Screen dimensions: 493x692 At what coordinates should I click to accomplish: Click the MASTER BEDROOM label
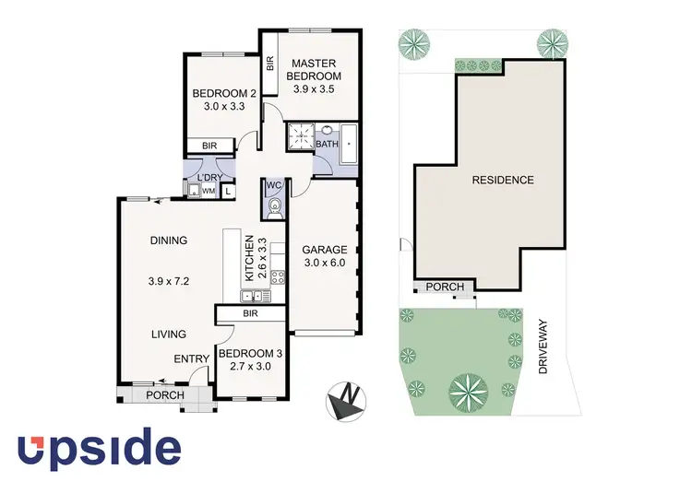(x=313, y=69)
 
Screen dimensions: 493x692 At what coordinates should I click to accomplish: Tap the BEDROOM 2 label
(x=223, y=93)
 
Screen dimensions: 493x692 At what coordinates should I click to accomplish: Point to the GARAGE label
(x=324, y=250)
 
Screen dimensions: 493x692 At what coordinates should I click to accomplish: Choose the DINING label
(x=169, y=241)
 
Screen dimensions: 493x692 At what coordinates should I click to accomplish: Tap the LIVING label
(x=169, y=335)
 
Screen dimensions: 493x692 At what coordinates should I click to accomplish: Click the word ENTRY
(x=190, y=360)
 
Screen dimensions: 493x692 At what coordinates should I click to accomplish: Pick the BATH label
(x=327, y=145)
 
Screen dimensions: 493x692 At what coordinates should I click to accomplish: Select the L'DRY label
(x=209, y=177)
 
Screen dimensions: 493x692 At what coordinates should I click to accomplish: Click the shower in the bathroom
(x=299, y=137)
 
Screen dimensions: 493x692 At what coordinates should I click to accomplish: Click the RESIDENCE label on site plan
(x=503, y=180)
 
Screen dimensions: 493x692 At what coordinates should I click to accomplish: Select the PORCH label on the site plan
(x=445, y=288)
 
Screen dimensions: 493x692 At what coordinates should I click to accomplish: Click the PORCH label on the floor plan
(x=166, y=396)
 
